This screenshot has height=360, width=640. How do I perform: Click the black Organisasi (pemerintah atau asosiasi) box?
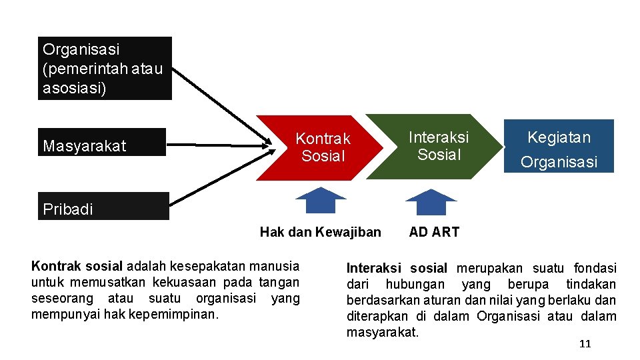tap(104, 68)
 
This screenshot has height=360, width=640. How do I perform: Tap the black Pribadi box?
tap(103, 206)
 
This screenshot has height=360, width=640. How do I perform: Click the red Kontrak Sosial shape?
tap(313, 148)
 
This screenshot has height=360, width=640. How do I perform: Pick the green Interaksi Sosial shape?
tap(432, 147)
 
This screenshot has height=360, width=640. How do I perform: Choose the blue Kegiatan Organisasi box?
tap(559, 146)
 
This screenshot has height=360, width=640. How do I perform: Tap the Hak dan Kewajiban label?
tap(320, 232)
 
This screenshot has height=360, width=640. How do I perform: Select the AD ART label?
tap(434, 232)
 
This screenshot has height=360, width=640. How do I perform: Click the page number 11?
tap(585, 344)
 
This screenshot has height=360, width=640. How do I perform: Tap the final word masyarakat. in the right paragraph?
tap(383, 332)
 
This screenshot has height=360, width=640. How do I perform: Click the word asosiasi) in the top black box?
tap(74, 88)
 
